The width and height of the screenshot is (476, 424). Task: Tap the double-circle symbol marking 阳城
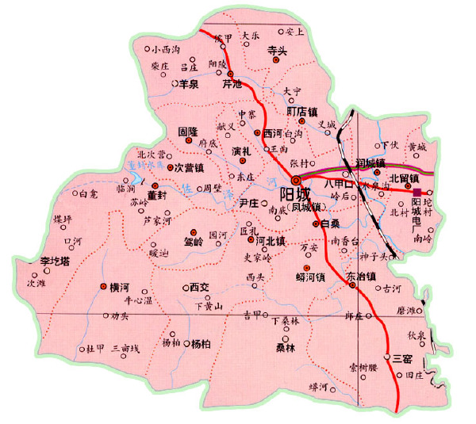point(297,180)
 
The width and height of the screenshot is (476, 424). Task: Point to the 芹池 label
point(232,82)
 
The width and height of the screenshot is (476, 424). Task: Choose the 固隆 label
point(188,130)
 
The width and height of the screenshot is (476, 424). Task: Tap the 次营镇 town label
point(190,168)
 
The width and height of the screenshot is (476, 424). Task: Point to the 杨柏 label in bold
point(201,344)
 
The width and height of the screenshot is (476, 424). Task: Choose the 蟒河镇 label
point(310,277)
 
